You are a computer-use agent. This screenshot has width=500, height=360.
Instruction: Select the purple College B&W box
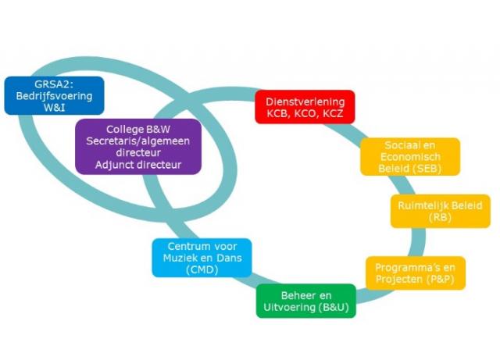[138, 147]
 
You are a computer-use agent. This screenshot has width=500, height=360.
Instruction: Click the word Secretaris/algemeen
[138, 141]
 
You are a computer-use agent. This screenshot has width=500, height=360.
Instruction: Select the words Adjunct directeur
[138, 165]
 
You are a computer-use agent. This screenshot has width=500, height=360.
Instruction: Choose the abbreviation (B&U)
[331, 308]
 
